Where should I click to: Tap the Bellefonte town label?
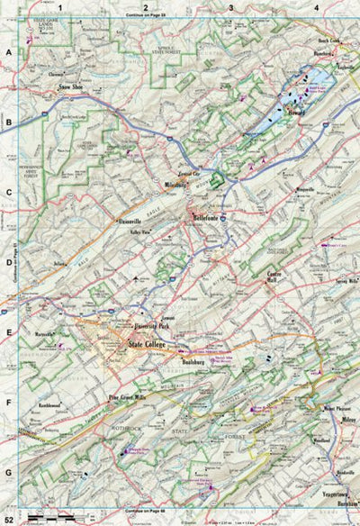(209, 217)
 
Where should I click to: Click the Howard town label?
(297, 113)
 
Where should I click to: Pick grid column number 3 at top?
(231, 8)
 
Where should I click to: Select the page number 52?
(8, 519)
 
